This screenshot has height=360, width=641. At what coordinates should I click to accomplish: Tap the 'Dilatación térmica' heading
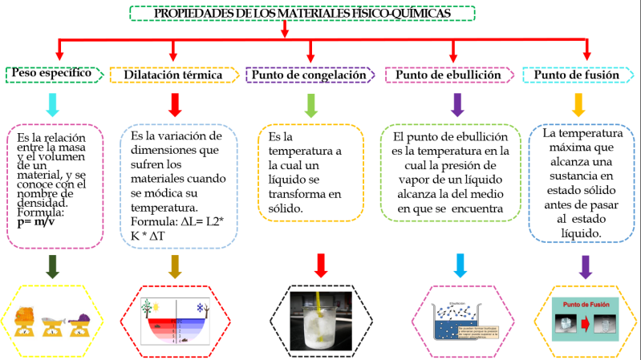172,75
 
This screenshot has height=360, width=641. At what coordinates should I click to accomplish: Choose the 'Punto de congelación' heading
310,75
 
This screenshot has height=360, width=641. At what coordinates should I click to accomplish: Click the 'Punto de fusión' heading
576,75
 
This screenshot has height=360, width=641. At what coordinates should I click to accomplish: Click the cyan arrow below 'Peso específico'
52,104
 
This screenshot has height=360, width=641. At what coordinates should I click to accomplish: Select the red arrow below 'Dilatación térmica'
175,104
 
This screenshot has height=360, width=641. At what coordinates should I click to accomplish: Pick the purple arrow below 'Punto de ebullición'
458,104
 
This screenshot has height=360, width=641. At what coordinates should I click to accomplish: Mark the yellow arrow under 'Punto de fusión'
578,104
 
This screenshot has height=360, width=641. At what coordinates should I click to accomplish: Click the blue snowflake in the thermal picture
200,307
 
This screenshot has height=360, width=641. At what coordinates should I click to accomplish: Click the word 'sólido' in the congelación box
286,208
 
